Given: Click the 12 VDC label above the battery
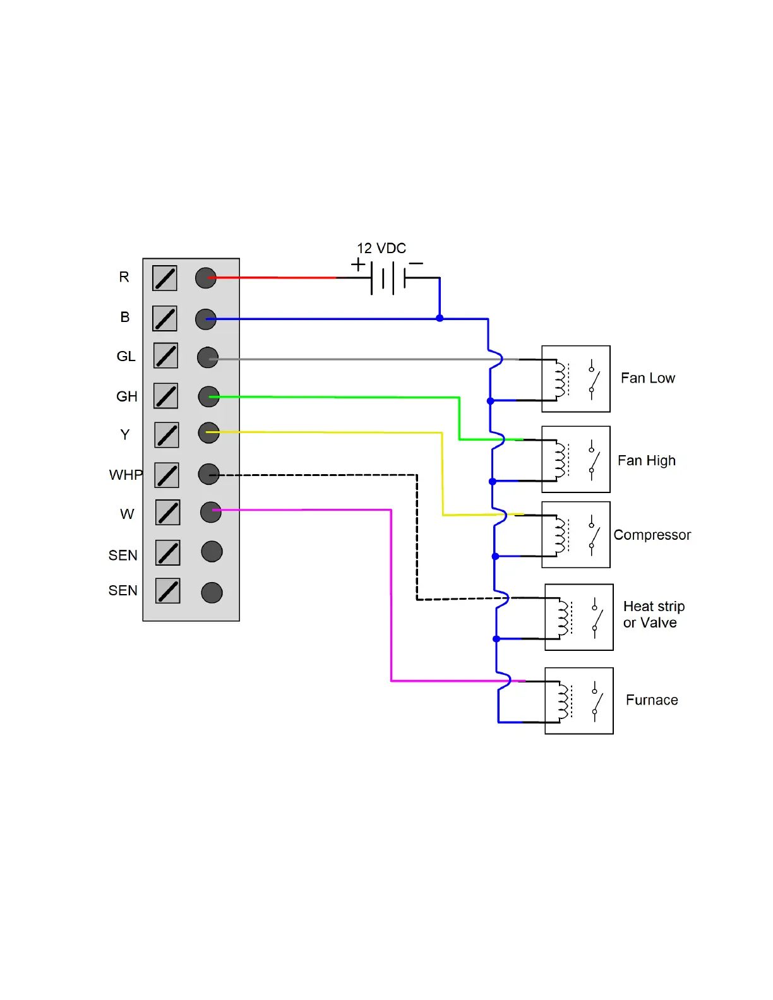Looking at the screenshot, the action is pyautogui.click(x=381, y=249).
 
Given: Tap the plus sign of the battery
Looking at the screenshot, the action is pyautogui.click(x=357, y=265).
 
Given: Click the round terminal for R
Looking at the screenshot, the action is pyautogui.click(x=205, y=278).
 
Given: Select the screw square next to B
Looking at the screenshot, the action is pyautogui.click(x=165, y=318).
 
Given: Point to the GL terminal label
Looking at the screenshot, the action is pyautogui.click(x=126, y=356).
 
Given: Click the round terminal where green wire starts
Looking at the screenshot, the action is pyautogui.click(x=208, y=396).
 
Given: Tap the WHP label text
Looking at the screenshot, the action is pyautogui.click(x=126, y=475).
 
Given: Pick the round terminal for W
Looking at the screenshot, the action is pyautogui.click(x=211, y=512).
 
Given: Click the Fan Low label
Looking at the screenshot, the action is pyautogui.click(x=647, y=378).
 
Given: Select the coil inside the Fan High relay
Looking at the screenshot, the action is pyautogui.click(x=560, y=460).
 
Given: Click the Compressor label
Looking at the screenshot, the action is pyautogui.click(x=652, y=535).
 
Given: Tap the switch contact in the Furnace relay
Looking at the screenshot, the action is pyautogui.click(x=596, y=701).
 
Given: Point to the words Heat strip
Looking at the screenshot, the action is pyautogui.click(x=654, y=607).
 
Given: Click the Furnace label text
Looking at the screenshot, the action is pyautogui.click(x=652, y=700).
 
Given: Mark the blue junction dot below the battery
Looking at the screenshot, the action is pyautogui.click(x=440, y=318).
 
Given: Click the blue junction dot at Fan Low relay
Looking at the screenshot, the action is pyautogui.click(x=490, y=401).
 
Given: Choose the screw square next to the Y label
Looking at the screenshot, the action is pyautogui.click(x=167, y=435).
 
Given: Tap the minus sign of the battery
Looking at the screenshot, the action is pyautogui.click(x=416, y=264).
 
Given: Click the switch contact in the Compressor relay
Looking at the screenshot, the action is pyautogui.click(x=594, y=535).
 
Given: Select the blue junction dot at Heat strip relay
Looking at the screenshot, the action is pyautogui.click(x=496, y=639).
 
